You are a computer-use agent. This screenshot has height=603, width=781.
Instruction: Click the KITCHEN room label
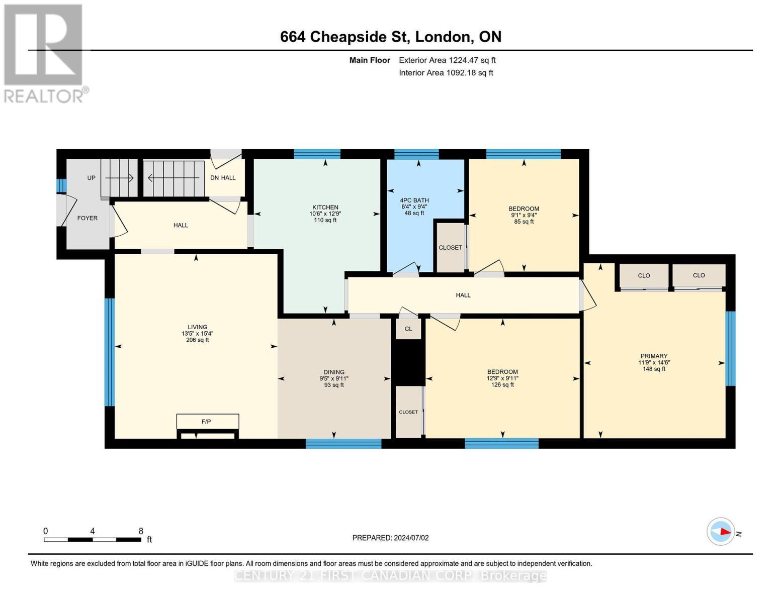(x=325, y=208)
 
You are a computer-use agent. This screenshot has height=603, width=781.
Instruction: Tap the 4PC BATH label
(x=414, y=200)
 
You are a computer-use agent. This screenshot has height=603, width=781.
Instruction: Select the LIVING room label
(x=197, y=327)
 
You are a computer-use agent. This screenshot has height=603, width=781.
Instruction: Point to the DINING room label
(x=334, y=372)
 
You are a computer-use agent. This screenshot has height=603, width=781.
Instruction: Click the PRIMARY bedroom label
(x=654, y=356)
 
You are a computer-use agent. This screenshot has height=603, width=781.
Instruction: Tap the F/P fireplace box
(x=207, y=422)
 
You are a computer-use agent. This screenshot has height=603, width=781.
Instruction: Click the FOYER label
(x=87, y=218)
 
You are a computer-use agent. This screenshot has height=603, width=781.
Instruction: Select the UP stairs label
(x=91, y=178)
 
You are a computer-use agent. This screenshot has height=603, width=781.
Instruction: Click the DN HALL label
(x=223, y=178)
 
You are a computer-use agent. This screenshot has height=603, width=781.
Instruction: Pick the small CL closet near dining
(x=408, y=329)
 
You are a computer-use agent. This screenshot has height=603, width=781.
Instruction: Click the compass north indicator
(x=721, y=532)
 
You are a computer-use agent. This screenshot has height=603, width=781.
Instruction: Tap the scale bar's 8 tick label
(x=141, y=531)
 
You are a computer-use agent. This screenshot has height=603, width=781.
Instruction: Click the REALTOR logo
(x=44, y=53)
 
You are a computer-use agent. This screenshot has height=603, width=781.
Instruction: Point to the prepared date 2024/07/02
(x=390, y=538)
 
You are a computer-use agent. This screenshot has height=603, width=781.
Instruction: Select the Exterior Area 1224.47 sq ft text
(x=447, y=60)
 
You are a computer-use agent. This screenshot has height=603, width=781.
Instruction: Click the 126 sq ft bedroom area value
(x=502, y=385)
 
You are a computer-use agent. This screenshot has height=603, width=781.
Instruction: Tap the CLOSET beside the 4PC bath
(x=450, y=248)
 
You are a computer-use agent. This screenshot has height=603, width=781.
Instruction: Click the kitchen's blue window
(x=317, y=154)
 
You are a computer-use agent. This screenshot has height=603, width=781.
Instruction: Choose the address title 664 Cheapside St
(x=390, y=37)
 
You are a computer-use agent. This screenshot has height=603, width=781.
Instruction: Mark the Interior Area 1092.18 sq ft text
(x=446, y=73)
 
